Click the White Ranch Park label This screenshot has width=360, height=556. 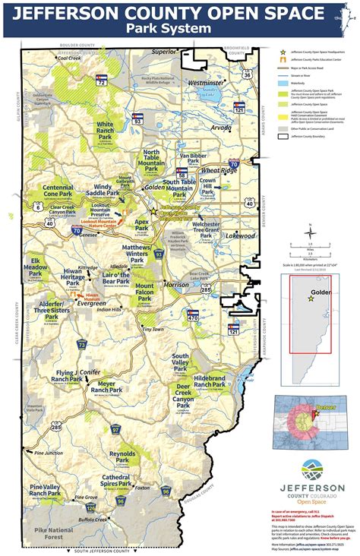coord(105,129)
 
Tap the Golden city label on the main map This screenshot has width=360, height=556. coord(155,186)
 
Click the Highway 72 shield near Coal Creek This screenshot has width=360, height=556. coord(101,80)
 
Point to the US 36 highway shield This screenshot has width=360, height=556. coord(248,75)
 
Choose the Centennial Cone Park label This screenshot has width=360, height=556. coord(58,191)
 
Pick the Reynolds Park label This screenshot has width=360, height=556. coord(122,456)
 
